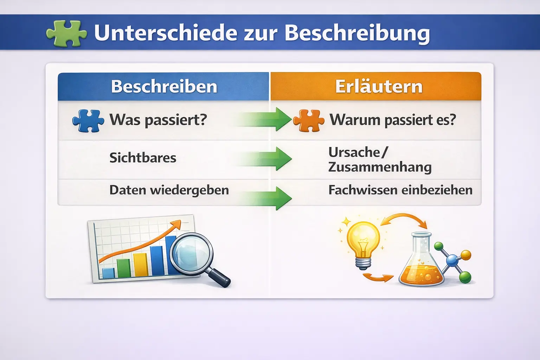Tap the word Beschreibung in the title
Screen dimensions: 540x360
357,33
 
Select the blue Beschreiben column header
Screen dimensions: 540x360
163,86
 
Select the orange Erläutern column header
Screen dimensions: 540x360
376,86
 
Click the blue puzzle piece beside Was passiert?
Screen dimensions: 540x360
88,121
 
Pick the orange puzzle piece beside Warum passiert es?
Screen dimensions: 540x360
309,121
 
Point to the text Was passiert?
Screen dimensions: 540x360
159,120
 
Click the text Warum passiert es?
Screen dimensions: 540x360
393,120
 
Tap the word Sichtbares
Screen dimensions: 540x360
143,158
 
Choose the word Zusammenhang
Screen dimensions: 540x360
380,167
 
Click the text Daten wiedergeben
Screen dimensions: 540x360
169,190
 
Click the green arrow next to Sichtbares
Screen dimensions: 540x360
265,159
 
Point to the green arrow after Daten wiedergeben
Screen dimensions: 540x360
265,198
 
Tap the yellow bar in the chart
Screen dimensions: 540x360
141,265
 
